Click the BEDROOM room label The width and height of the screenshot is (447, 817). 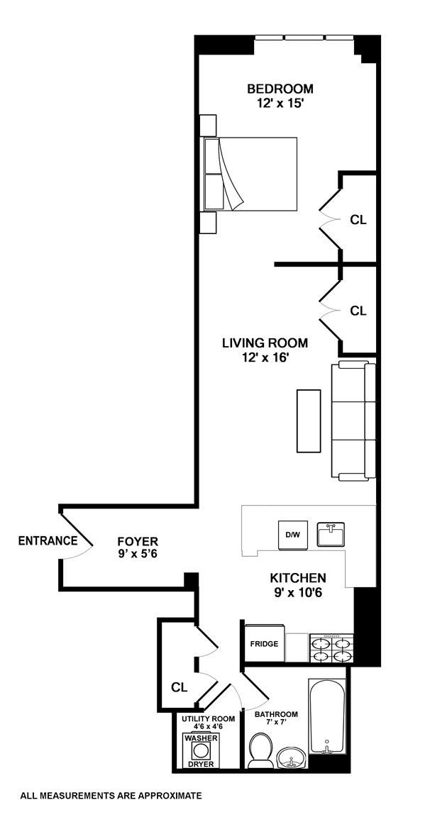(280, 89)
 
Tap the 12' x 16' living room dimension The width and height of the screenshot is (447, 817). (265, 357)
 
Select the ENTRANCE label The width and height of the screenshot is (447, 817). (48, 540)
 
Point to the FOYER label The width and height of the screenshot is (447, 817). (138, 541)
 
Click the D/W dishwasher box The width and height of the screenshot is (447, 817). (292, 534)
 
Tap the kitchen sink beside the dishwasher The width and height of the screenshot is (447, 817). (331, 534)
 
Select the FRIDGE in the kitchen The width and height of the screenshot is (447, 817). (263, 644)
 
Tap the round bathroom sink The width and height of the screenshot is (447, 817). (292, 760)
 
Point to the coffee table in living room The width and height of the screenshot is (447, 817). (309, 420)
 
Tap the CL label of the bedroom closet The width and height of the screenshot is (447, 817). (358, 220)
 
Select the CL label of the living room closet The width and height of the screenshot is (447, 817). (358, 311)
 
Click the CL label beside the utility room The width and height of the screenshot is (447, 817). (179, 687)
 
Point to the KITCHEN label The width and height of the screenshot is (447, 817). (297, 578)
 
